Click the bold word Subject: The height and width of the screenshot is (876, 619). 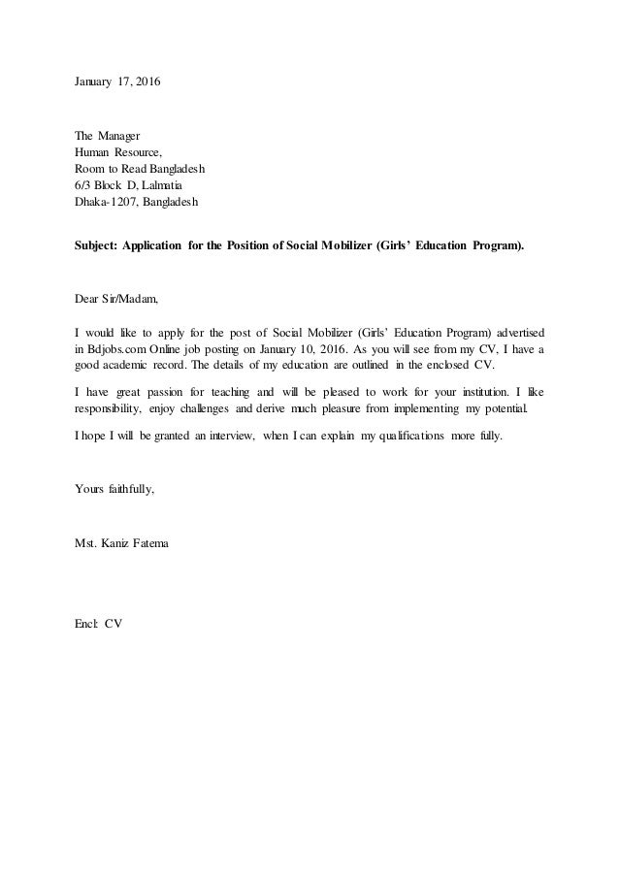point(98,246)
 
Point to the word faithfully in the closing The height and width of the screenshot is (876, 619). point(130,489)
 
